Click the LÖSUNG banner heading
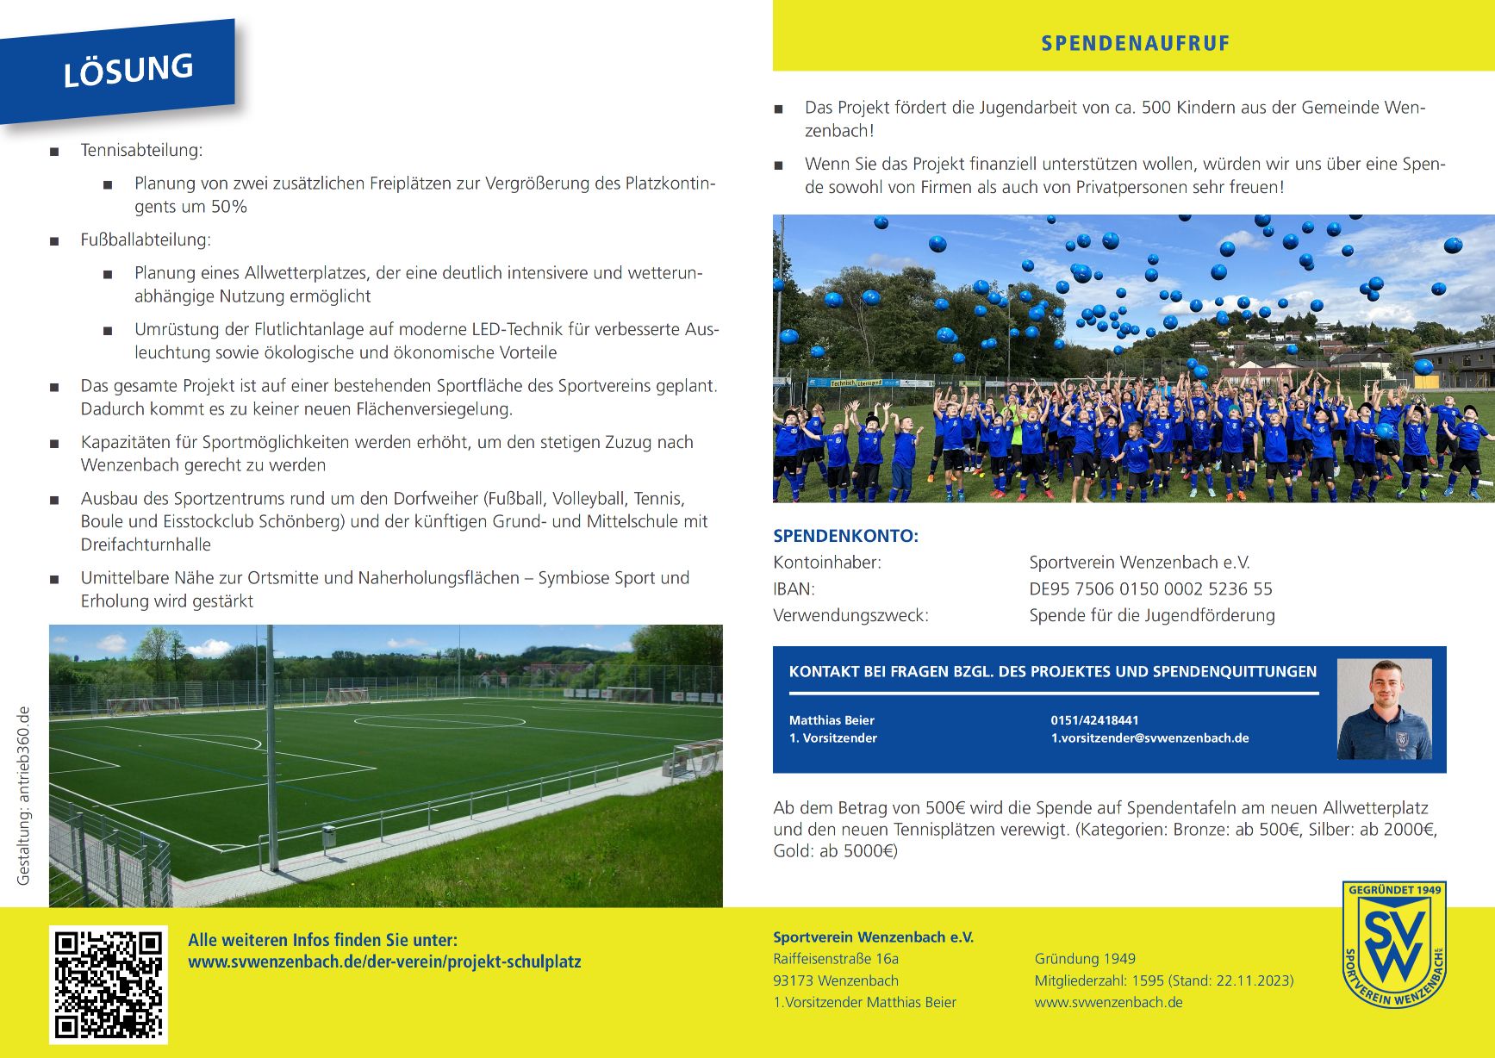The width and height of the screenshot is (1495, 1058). coord(128,70)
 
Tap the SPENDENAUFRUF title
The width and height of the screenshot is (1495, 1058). coord(1135,43)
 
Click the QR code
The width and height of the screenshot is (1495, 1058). coord(109,984)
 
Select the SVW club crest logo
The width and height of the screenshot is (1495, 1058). coord(1393,944)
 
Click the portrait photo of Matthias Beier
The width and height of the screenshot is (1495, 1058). coord(1384,709)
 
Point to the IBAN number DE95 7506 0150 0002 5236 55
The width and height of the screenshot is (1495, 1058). coord(1150,589)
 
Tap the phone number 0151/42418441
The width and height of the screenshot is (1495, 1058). coord(1094,720)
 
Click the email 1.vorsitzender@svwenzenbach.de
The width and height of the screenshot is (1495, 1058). coord(1149,738)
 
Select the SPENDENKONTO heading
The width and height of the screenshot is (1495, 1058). coord(845,536)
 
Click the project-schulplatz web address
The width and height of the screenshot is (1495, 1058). coord(384,962)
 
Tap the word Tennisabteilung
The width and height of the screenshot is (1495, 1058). coord(141,150)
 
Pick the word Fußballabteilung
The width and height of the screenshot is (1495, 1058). coord(146,240)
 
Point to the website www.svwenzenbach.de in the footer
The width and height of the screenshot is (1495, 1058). coord(1108,1003)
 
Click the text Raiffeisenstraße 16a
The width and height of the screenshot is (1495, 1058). coord(835,959)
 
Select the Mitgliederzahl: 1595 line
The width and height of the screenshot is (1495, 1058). coord(1163,980)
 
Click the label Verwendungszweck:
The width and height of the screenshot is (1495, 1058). coord(850,616)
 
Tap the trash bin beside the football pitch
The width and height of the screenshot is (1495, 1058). coord(328,835)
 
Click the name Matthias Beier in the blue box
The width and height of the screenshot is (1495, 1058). coord(832,720)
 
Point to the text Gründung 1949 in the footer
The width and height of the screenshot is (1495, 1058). coord(1085,959)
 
